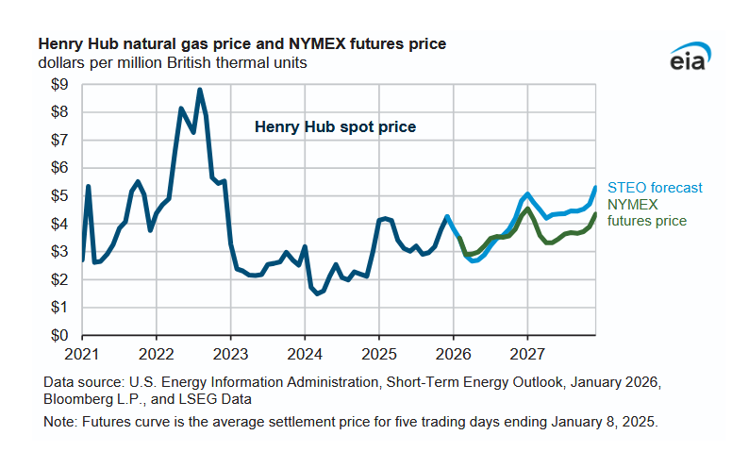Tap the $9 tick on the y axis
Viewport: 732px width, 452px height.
click(58, 85)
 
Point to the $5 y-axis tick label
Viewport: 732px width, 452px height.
click(58, 196)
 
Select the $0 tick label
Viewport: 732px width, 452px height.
click(58, 336)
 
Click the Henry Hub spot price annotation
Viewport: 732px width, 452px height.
click(335, 126)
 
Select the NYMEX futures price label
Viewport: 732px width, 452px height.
click(647, 212)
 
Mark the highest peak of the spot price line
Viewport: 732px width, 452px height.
click(200, 90)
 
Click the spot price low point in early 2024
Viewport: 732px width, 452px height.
click(318, 293)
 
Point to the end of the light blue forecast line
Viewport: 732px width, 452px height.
click(595, 187)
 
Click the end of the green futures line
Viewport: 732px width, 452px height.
click(595, 214)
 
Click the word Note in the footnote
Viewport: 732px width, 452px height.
click(58, 423)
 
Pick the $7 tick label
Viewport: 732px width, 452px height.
click(58, 141)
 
